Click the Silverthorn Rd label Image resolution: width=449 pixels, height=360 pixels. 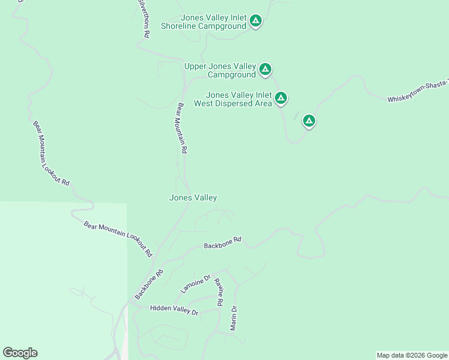click(x=143, y=20)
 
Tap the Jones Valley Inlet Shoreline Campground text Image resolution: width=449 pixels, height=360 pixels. click(x=204, y=22)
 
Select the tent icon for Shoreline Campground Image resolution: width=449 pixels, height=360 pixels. click(x=256, y=22)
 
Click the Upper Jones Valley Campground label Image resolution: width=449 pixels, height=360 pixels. click(x=220, y=70)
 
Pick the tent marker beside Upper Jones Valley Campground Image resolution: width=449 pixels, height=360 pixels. click(x=265, y=70)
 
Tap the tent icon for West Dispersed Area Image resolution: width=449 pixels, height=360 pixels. click(x=280, y=98)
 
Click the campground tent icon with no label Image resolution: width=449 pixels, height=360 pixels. click(x=309, y=121)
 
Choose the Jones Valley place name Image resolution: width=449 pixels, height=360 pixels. click(x=193, y=197)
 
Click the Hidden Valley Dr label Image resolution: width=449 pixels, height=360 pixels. click(x=174, y=310)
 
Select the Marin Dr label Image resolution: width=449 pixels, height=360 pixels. click(x=234, y=318)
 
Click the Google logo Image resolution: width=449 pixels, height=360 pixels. click(x=20, y=353)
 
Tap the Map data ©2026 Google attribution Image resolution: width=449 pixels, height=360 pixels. click(x=412, y=355)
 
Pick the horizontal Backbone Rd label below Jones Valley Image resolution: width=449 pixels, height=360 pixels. click(x=222, y=242)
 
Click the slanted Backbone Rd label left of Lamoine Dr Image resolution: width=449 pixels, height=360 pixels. click(x=149, y=284)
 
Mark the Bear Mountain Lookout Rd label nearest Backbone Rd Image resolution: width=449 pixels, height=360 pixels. click(x=118, y=239)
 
